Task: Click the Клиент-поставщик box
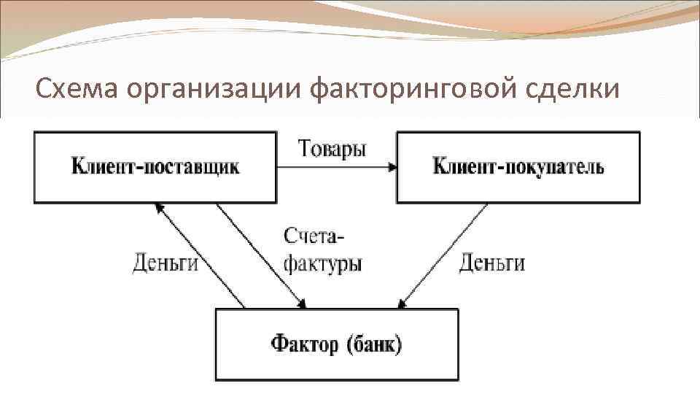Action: click(155, 167)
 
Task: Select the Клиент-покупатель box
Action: click(518, 167)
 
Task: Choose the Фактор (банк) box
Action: click(337, 344)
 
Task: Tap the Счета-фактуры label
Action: click(322, 250)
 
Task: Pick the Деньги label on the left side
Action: click(166, 262)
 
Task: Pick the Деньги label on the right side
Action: click(491, 262)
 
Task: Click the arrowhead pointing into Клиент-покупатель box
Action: click(393, 167)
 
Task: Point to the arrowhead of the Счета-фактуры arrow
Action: click(303, 304)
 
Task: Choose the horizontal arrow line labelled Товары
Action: click(335, 167)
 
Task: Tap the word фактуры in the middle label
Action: click(322, 263)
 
